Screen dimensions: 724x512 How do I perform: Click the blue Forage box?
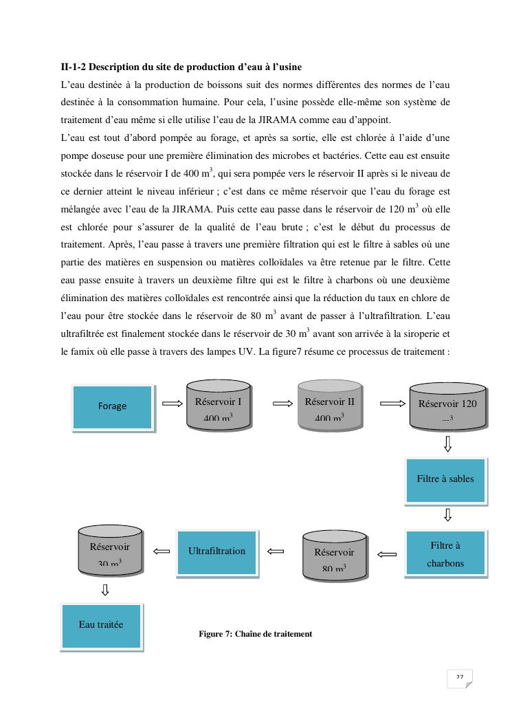coord(113,406)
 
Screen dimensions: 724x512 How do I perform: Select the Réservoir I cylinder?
coord(219,407)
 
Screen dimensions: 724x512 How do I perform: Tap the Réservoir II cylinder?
coord(329,407)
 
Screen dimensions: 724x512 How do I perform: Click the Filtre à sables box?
coord(445,479)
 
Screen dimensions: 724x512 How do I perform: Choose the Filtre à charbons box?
coord(445,554)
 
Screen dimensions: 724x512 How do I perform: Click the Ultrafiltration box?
coord(216,551)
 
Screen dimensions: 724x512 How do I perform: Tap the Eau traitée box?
coord(102,625)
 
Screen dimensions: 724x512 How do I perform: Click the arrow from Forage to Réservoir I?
coord(171,404)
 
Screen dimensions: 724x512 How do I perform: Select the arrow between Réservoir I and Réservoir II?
coord(283,404)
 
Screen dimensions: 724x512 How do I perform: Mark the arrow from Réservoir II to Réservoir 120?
coord(392,404)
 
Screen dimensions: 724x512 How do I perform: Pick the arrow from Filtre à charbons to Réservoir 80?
coord(388,554)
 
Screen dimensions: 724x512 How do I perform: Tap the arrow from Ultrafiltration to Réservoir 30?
coord(162,551)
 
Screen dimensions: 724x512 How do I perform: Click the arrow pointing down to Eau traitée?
coord(105,589)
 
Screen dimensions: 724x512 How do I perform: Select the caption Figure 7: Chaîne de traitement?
coord(255,634)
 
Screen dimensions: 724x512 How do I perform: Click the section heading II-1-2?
coord(181,67)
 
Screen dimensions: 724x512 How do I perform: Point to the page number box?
coord(459,679)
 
